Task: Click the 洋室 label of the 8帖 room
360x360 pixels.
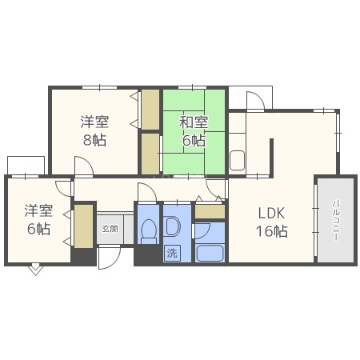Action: click(x=94, y=122)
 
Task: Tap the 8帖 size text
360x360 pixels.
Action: click(x=94, y=139)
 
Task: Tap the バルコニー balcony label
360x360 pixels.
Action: click(x=335, y=218)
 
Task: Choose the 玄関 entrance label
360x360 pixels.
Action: click(x=108, y=228)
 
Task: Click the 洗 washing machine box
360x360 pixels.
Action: click(x=171, y=253)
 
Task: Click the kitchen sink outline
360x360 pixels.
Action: click(x=238, y=159)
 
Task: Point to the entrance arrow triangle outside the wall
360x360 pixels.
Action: click(x=34, y=270)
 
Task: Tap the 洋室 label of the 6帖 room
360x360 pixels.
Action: click(x=38, y=210)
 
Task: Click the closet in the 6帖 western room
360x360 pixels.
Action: click(x=84, y=227)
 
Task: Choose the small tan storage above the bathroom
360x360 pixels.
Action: click(x=210, y=212)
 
